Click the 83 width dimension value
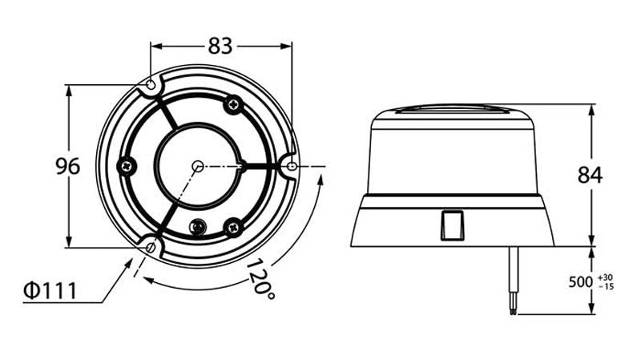point(220,46)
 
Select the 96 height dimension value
point(68,166)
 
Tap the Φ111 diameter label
point(50,290)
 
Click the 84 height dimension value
point(590,175)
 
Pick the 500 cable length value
point(580,282)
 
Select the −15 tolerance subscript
point(606,286)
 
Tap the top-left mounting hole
point(151,85)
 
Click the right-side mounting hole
point(292,166)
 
